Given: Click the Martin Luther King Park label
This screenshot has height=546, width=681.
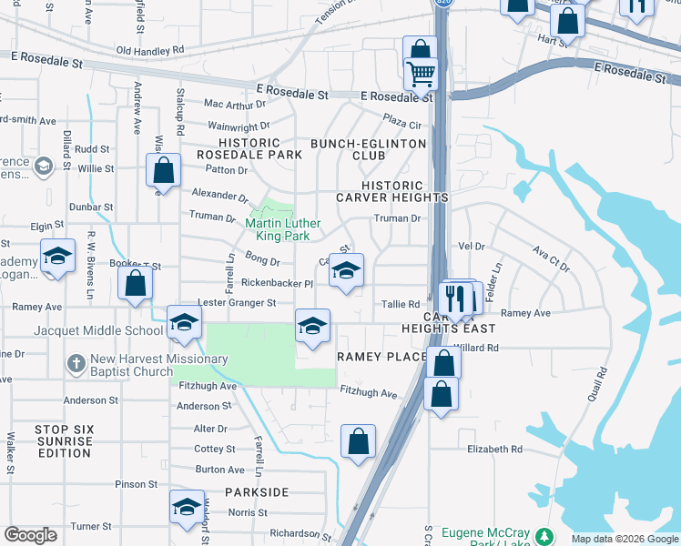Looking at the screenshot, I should click(x=283, y=228).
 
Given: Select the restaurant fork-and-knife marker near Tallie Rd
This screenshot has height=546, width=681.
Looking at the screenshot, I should click(x=454, y=298).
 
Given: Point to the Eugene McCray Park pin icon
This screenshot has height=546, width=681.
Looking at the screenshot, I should click(x=544, y=537).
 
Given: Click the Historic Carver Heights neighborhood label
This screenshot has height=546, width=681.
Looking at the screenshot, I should click(x=392, y=190).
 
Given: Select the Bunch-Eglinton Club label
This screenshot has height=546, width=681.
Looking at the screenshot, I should click(x=368, y=149).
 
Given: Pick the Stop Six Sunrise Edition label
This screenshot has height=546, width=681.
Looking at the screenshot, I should click(x=64, y=440).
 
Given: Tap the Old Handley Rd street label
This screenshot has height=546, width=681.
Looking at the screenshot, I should click(x=150, y=50).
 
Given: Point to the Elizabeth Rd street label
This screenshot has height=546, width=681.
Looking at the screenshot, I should click(x=494, y=449).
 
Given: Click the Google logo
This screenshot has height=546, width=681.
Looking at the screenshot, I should click(x=30, y=535).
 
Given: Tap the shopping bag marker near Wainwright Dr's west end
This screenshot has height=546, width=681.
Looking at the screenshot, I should click(x=163, y=170).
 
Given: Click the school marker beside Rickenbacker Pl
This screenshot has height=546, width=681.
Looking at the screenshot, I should click(x=346, y=270).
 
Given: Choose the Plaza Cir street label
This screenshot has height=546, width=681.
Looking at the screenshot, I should click(x=402, y=123).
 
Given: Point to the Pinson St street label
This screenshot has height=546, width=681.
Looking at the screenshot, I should click(x=137, y=484).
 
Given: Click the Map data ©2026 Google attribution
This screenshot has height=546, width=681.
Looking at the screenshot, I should click(x=624, y=539).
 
